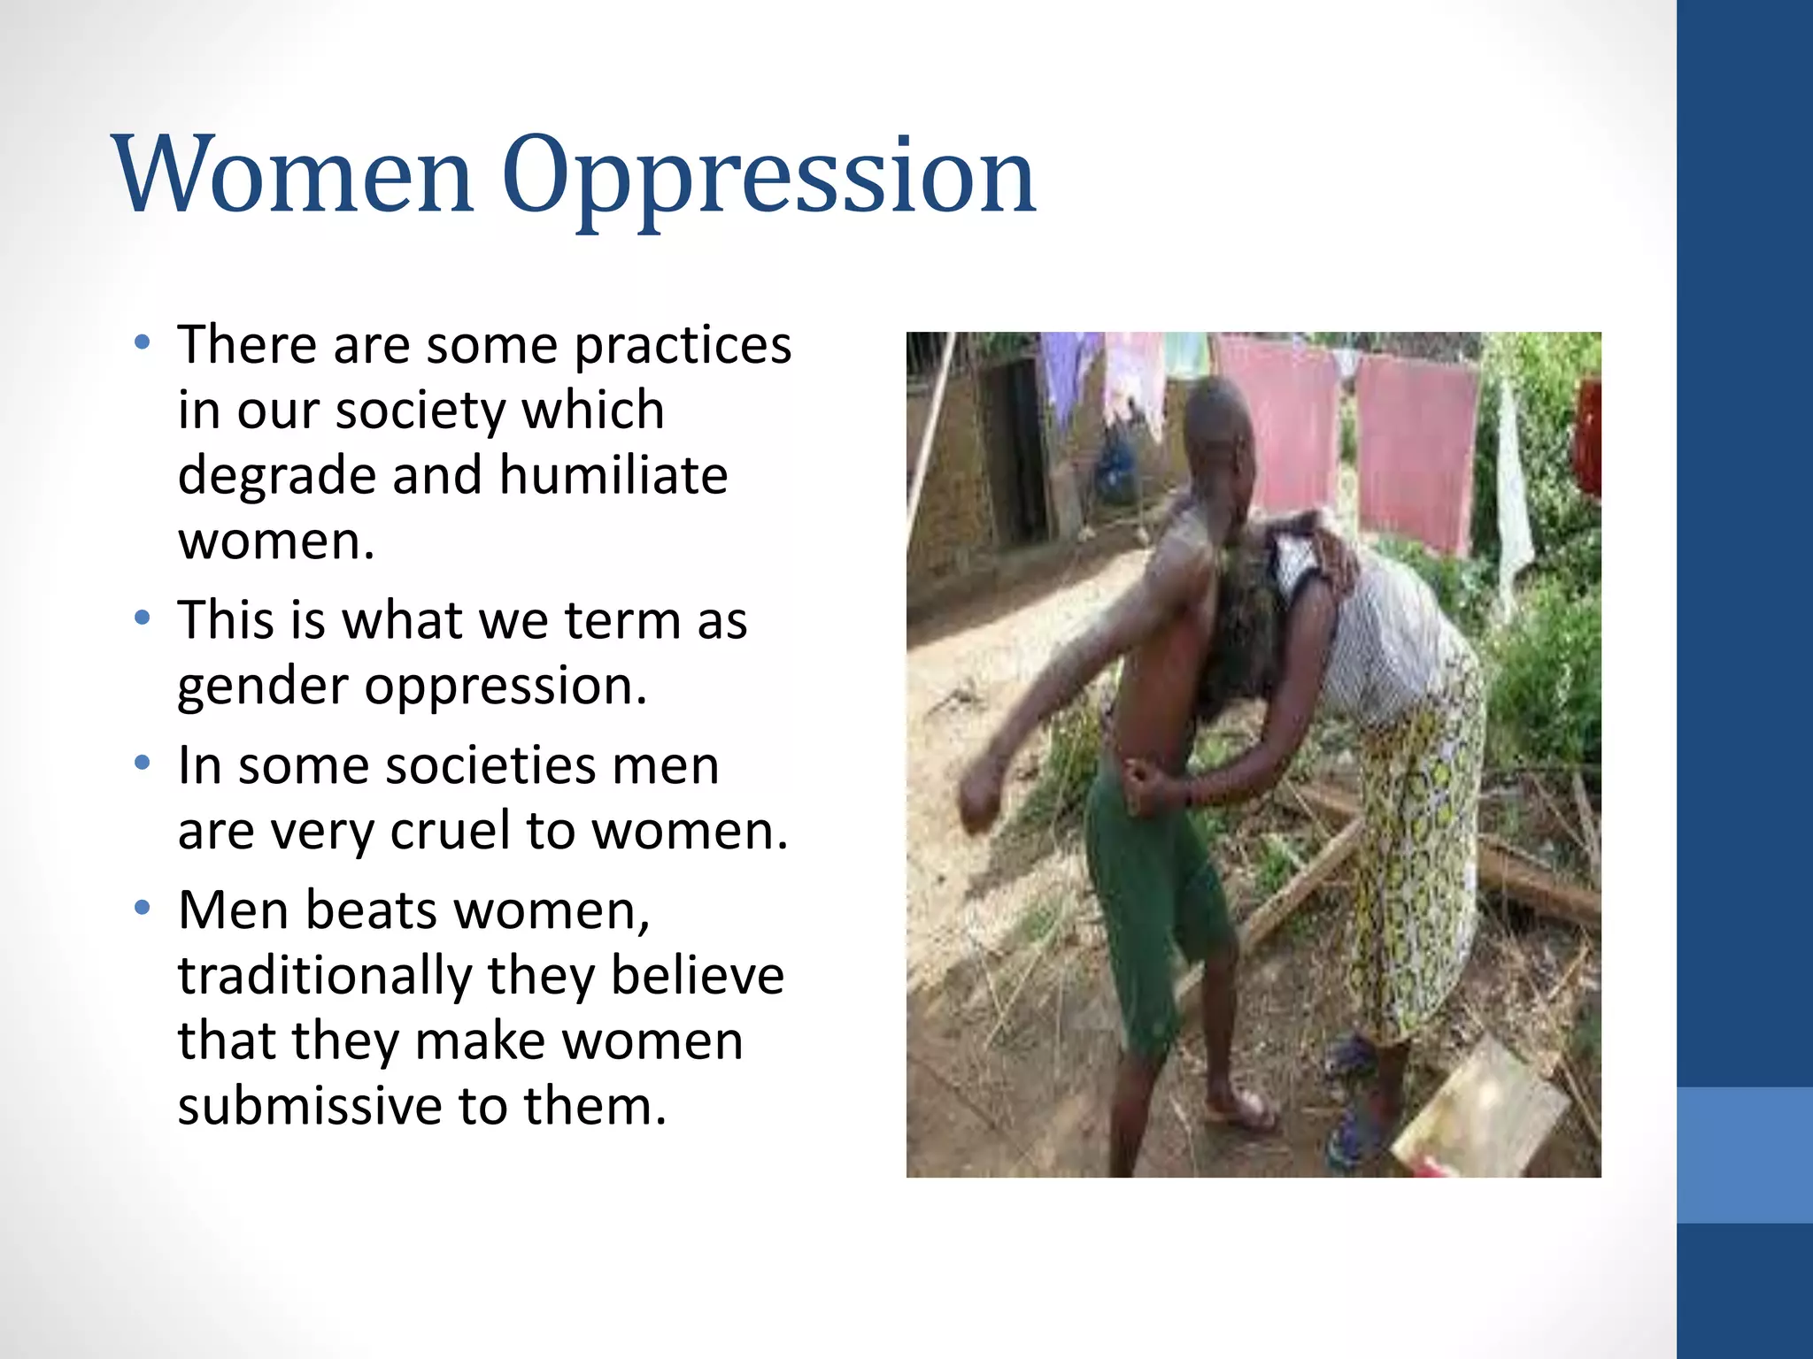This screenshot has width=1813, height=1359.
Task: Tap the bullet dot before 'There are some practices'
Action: click(x=143, y=342)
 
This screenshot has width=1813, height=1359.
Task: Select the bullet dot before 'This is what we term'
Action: click(x=143, y=618)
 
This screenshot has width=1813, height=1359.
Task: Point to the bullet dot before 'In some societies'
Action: click(x=143, y=764)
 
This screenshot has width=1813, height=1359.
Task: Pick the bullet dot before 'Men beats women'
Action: click(x=143, y=908)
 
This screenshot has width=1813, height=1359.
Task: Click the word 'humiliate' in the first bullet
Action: click(x=613, y=475)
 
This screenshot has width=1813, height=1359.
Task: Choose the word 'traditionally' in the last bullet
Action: click(x=325, y=976)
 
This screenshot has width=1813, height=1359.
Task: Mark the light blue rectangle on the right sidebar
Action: click(x=1745, y=1155)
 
